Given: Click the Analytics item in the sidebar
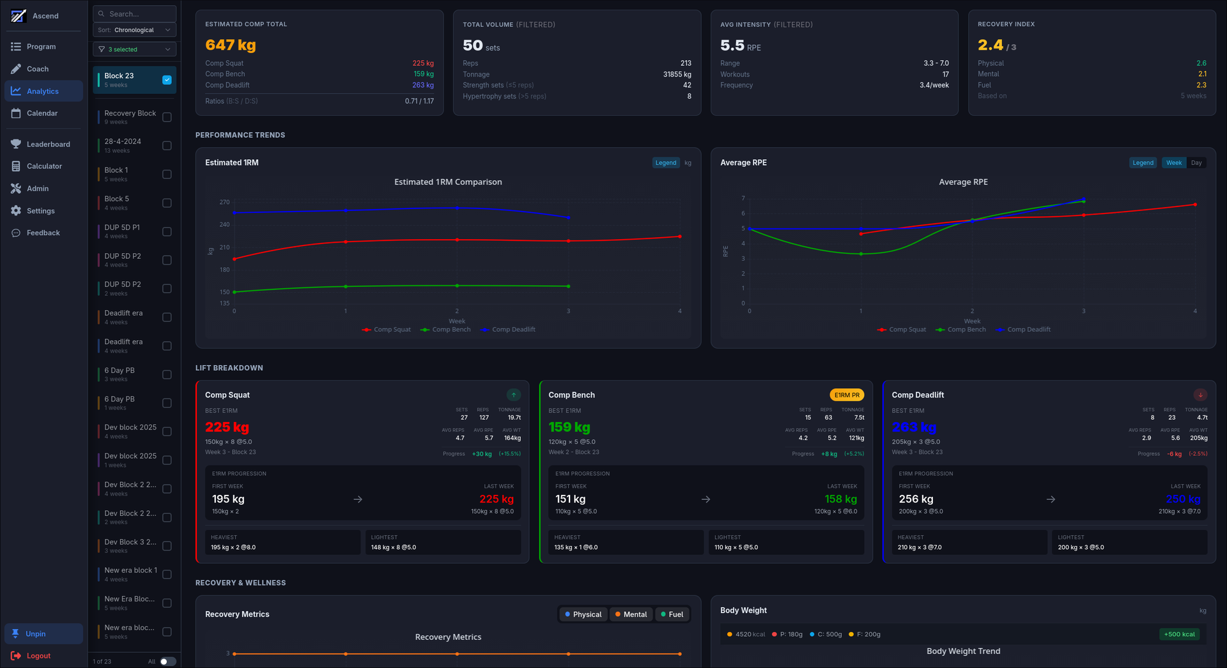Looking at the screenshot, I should (43, 91).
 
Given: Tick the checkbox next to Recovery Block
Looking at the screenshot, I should (167, 117).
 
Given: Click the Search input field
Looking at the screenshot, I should (135, 14).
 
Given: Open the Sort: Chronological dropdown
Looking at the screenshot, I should (135, 30).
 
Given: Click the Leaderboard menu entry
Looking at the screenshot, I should (48, 144).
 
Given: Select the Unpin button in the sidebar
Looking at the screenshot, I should (36, 633).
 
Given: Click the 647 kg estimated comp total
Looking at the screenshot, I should (231, 45).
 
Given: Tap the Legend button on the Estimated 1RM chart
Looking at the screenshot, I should (665, 163).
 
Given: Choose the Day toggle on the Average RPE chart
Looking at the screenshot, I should (1196, 163).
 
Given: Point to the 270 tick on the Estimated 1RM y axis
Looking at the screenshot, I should (224, 202).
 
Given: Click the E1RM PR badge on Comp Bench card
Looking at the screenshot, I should (847, 395).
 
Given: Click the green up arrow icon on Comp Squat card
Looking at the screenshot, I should (514, 395).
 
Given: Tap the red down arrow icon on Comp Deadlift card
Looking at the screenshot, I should (1200, 395).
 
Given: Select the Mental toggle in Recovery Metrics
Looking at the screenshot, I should (631, 614).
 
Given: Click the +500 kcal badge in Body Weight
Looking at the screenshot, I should (1179, 634).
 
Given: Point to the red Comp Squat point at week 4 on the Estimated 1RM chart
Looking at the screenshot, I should (679, 237).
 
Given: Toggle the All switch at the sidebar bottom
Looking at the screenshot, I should (167, 662).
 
